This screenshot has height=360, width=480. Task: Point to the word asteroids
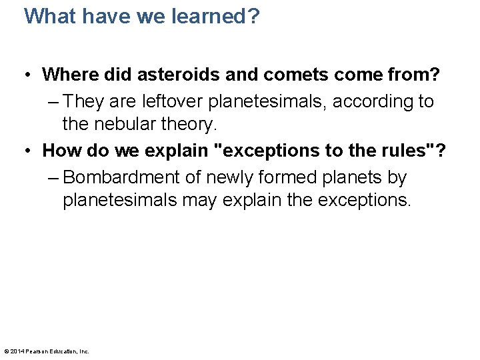coord(157,75)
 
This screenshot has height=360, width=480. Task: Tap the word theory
coord(187,124)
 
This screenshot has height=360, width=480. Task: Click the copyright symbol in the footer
coord(6,351)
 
